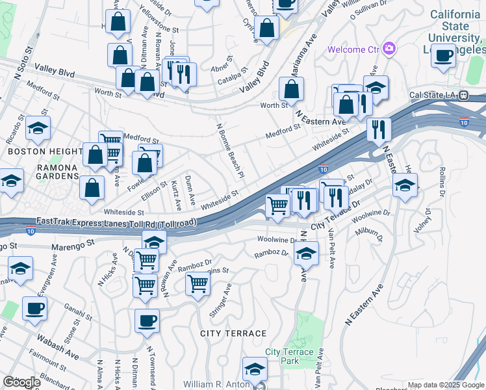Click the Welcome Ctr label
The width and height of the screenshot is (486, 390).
pyautogui.click(x=353, y=49)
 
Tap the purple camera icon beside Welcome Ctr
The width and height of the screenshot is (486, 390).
pyautogui.click(x=389, y=48)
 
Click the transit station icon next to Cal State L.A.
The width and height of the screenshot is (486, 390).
pyautogui.click(x=463, y=95)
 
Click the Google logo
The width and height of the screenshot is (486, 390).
pyautogui.click(x=21, y=382)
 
